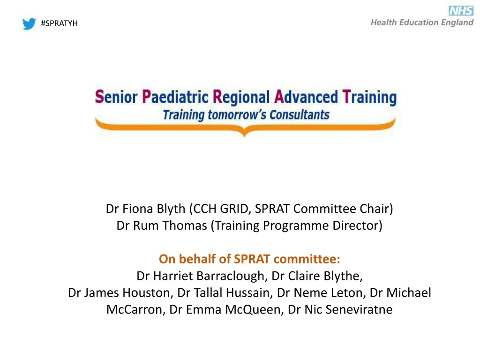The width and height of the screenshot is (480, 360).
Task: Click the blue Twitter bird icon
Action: click(x=29, y=23)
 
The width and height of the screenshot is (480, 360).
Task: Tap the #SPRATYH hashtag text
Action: click(x=59, y=23)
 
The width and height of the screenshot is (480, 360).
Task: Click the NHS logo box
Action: click(x=461, y=11)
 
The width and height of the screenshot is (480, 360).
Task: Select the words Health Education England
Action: click(x=422, y=22)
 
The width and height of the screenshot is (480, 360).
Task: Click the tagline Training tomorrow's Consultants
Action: click(x=246, y=114)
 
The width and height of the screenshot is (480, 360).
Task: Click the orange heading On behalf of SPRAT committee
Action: click(x=249, y=259)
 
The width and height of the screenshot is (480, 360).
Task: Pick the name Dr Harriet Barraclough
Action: click(x=200, y=276)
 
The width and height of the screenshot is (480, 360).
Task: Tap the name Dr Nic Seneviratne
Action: click(x=340, y=309)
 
